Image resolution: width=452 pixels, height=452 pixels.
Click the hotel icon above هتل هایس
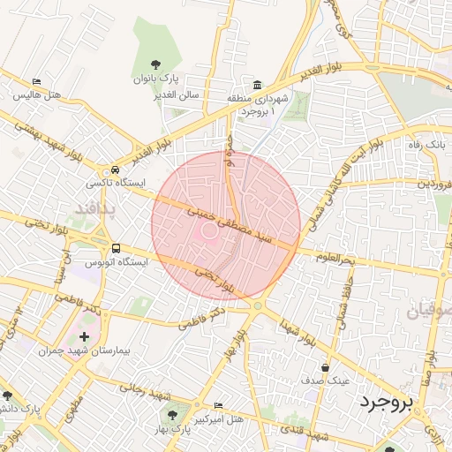click(x=36, y=81)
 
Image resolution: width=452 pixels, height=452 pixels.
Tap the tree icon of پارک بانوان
click(x=155, y=64)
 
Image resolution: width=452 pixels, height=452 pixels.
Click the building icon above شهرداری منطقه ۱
click(x=257, y=86)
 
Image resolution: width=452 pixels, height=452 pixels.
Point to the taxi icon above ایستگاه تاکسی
click(x=115, y=171)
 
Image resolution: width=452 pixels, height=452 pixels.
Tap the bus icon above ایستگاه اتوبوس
click(x=117, y=249)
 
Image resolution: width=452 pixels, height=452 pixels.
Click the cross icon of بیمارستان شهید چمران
click(x=84, y=337)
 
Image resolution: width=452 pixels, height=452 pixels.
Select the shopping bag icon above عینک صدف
click(x=326, y=367)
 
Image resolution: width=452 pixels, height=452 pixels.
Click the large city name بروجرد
click(x=386, y=403)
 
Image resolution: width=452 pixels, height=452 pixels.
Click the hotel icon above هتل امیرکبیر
click(x=219, y=406)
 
